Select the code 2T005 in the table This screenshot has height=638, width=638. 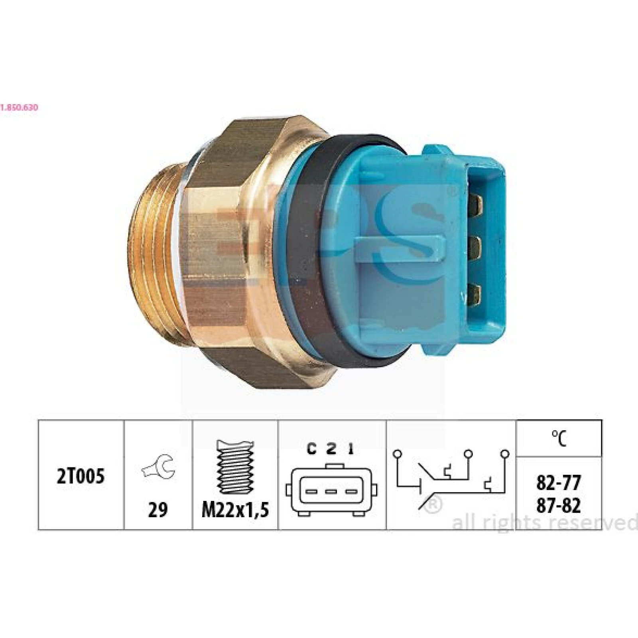pos(81,477)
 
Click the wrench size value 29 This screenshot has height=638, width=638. pos(158,510)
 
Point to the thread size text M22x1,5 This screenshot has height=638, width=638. pos(235,510)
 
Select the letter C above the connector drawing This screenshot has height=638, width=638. pos(312,449)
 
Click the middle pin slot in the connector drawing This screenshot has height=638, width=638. pos(331,491)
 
